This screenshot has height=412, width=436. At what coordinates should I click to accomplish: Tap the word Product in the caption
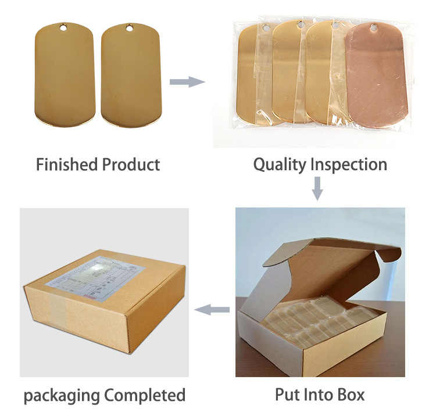click(131, 164)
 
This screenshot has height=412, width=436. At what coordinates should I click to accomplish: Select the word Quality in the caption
click(280, 164)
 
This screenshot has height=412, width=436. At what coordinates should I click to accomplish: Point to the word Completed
click(145, 396)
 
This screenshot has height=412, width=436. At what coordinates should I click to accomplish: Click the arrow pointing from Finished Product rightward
click(187, 81)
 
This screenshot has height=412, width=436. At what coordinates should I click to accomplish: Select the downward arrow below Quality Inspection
click(317, 188)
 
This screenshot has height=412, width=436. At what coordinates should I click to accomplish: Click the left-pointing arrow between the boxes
click(211, 310)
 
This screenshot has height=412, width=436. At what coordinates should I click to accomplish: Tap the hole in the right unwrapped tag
click(129, 27)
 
